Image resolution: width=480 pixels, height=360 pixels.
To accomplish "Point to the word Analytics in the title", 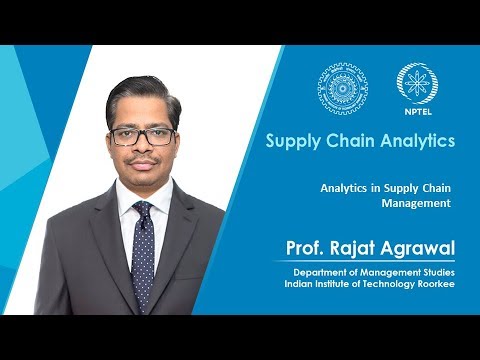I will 417,141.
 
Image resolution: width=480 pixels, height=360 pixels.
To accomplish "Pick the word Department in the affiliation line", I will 322,272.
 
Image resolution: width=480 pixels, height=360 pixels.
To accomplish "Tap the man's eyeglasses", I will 142,136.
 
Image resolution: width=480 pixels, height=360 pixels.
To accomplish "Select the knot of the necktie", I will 142,210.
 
